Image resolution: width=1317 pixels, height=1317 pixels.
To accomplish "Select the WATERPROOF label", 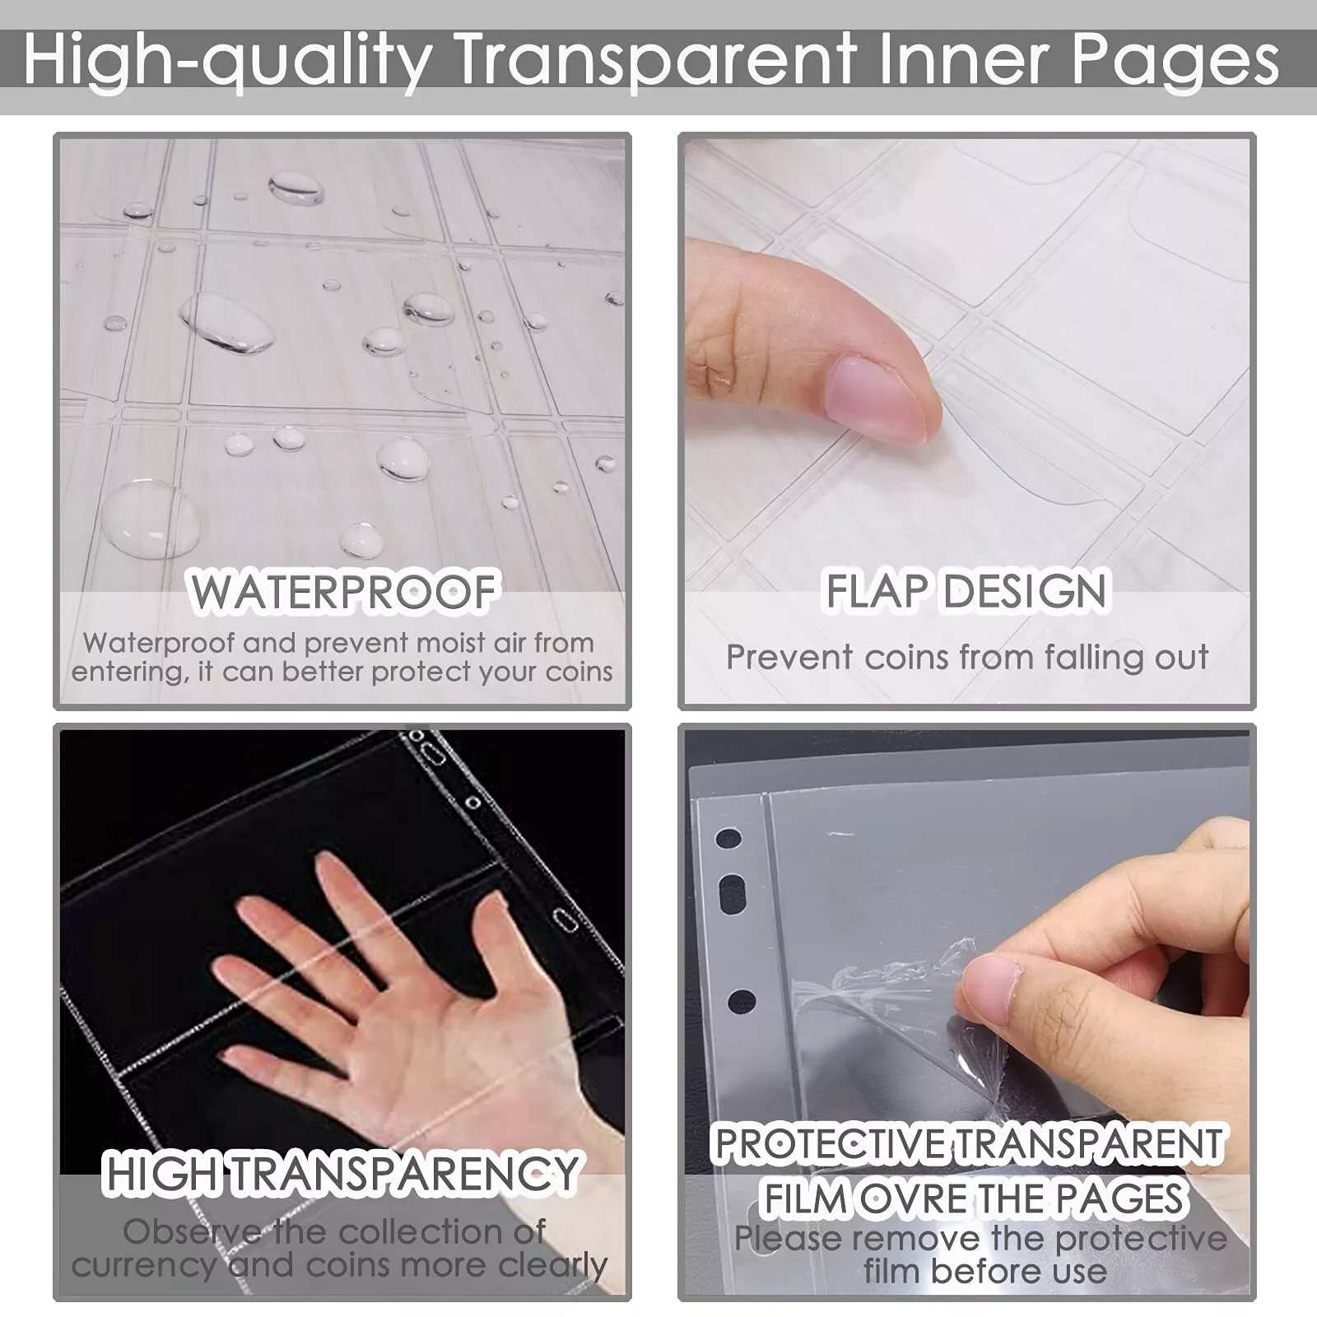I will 344,592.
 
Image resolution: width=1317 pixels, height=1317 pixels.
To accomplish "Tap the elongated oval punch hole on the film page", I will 732,895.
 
